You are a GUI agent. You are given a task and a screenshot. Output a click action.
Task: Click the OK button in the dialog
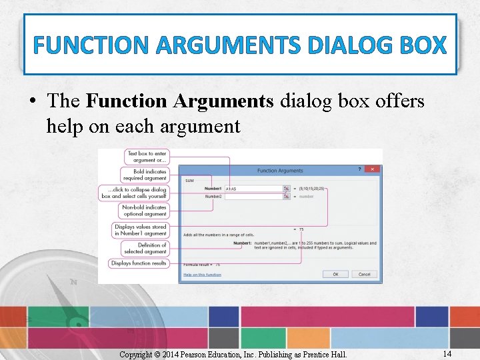(335, 274)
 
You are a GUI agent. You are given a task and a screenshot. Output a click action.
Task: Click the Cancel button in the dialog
(364, 274)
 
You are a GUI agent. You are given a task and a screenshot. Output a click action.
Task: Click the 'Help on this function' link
(202, 275)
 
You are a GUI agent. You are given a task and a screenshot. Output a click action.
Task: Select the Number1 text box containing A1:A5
(253, 189)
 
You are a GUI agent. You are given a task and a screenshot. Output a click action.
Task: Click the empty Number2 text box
(253, 197)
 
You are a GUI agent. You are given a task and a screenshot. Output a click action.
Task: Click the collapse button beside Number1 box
(287, 189)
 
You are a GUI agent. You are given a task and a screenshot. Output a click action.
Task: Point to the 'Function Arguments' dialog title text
(280, 171)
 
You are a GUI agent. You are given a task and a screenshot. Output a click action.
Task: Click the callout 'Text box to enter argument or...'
(147, 157)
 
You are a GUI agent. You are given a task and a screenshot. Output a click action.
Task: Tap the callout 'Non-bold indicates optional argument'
(144, 211)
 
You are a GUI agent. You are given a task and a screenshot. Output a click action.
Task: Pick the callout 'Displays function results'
(139, 263)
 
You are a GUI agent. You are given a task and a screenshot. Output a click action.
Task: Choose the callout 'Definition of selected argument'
(145, 248)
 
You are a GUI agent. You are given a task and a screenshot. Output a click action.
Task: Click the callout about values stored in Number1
(140, 230)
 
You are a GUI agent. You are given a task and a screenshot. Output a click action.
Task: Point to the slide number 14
(447, 353)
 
